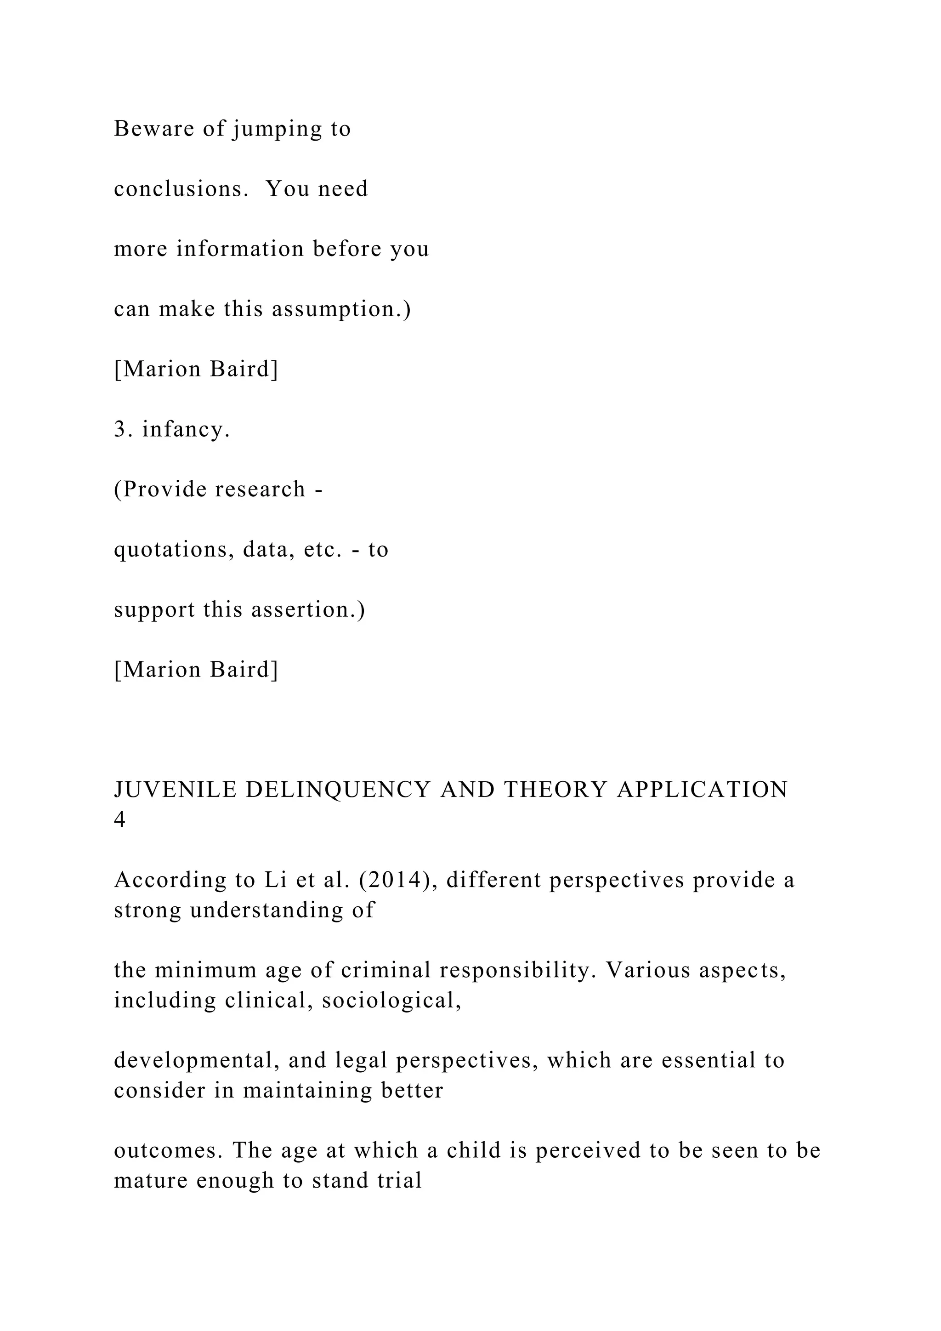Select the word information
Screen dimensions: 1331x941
pyautogui.click(x=240, y=249)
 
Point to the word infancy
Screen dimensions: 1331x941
pyautogui.click(x=186, y=430)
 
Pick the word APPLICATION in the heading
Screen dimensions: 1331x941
pyautogui.click(x=702, y=790)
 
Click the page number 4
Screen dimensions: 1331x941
pyautogui.click(x=119, y=820)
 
